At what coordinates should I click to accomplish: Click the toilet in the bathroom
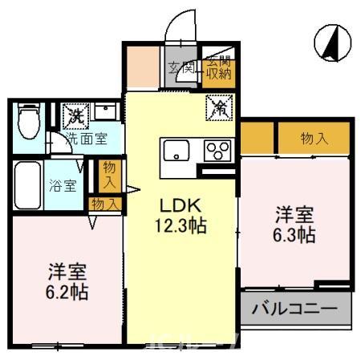click(26, 123)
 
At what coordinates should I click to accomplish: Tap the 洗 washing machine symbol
click(75, 115)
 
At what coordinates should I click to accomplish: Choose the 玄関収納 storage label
click(214, 68)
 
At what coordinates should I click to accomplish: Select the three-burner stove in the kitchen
click(217, 150)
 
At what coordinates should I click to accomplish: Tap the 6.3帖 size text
click(294, 236)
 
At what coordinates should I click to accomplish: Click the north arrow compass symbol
click(330, 42)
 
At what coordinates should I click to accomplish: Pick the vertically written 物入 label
click(109, 175)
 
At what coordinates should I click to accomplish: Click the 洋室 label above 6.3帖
click(294, 215)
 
